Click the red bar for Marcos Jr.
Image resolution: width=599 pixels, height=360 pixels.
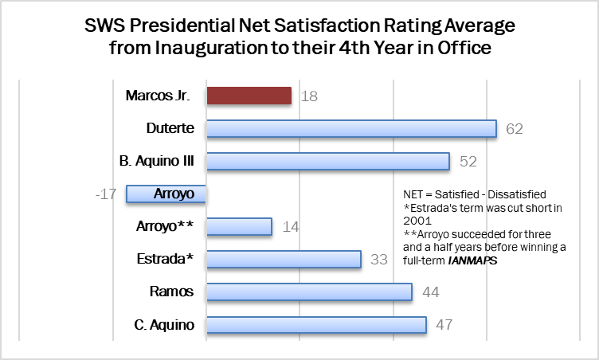(x=249, y=96)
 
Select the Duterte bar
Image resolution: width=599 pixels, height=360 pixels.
(x=352, y=128)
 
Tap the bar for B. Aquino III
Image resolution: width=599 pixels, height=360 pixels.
(x=328, y=161)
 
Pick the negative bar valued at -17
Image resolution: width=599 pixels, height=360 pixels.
(x=166, y=194)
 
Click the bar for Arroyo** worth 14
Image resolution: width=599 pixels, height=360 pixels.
(x=240, y=227)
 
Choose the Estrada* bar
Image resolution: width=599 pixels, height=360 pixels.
(x=284, y=259)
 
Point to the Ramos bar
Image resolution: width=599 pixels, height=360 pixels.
(x=309, y=292)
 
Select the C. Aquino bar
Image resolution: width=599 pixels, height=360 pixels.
(x=317, y=325)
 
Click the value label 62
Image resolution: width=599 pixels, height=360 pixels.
(x=515, y=129)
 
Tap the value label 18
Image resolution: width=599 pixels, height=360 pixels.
(x=309, y=96)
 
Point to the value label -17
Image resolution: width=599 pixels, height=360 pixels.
(x=106, y=194)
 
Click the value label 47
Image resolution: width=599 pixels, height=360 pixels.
(x=444, y=325)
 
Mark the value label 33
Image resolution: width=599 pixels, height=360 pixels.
(x=379, y=260)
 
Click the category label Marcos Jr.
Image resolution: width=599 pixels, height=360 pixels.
(x=158, y=96)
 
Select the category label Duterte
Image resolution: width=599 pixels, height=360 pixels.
(x=170, y=128)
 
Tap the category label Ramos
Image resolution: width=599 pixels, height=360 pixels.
(x=171, y=292)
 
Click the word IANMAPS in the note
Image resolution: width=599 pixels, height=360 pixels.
(x=473, y=260)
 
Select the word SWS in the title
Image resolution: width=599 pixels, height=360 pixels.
(x=104, y=25)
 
